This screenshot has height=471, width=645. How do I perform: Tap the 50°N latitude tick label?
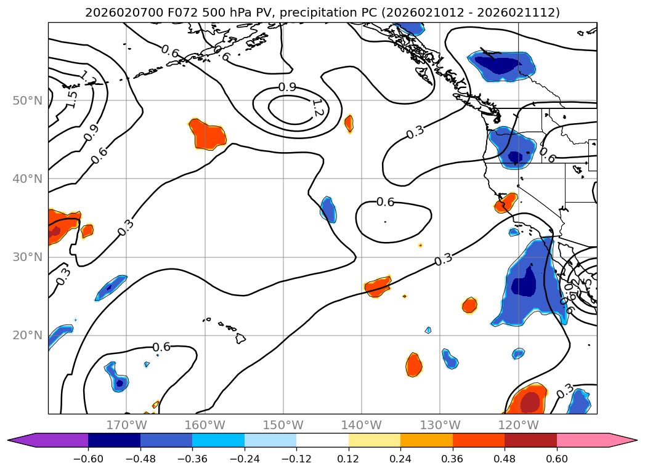click(x=27, y=100)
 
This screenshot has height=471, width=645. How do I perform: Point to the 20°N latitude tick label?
click(x=27, y=336)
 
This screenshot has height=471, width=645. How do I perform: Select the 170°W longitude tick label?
click(x=126, y=425)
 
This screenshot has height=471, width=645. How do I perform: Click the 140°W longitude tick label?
click(x=361, y=425)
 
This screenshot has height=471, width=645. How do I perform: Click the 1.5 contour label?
click(x=72, y=99)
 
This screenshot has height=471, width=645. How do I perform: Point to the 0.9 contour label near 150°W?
click(x=287, y=87)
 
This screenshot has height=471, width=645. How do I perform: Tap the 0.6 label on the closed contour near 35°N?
click(x=385, y=202)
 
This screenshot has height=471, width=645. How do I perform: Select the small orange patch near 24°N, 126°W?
click(x=470, y=305)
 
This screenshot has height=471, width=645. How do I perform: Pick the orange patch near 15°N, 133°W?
click(x=415, y=365)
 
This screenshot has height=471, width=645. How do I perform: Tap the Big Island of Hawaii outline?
click(x=240, y=339)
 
